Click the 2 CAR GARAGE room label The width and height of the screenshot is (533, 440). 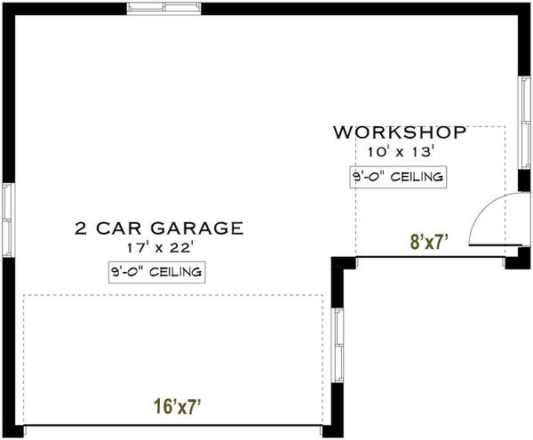pos(157,228)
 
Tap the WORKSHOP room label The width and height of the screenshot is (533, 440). pos(400,133)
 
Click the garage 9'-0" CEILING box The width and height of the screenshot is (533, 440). pos(156,271)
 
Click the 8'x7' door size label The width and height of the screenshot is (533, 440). pos(427,241)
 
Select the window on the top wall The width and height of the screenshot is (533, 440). pos(164,8)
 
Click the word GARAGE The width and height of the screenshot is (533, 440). pos(206,228)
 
